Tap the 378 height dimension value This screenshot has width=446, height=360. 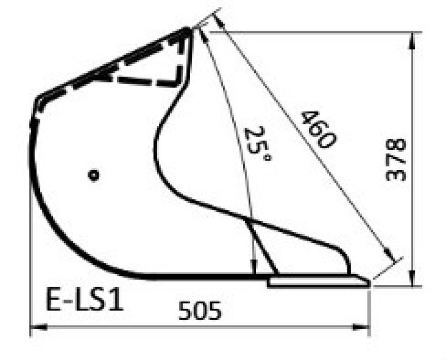396,159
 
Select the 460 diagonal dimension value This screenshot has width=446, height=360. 318,129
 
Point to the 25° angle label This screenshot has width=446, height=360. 258,143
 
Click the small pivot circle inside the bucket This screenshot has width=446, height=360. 94,175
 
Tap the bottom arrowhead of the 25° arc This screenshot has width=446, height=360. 254,270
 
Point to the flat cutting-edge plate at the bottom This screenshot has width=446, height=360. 318,282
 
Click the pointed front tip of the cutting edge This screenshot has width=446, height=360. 369,282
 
